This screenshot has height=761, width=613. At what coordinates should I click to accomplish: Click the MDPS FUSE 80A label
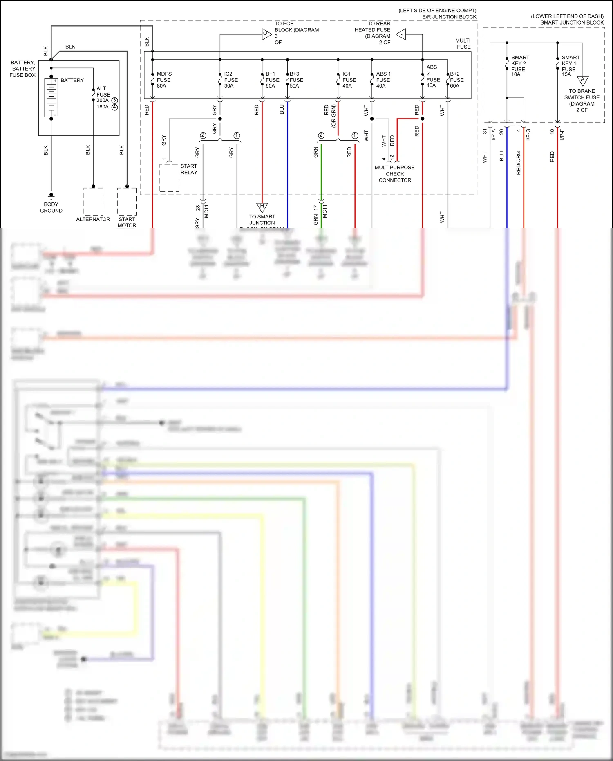(x=163, y=80)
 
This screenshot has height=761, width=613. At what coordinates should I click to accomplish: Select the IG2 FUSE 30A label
(x=230, y=80)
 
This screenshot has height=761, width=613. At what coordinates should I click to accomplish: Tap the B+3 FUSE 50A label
(x=296, y=80)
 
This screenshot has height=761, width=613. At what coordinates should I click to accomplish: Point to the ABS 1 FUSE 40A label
(x=383, y=80)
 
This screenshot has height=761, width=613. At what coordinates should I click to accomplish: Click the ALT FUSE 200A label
(x=103, y=94)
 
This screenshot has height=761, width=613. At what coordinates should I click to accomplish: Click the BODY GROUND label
(x=51, y=207)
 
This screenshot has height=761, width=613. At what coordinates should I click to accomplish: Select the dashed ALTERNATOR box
(x=93, y=201)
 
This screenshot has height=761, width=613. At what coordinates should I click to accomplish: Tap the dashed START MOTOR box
(x=127, y=201)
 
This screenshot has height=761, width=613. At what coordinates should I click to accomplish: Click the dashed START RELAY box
(x=169, y=177)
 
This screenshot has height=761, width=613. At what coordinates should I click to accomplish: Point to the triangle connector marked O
(x=266, y=34)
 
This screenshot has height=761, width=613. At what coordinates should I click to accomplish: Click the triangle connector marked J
(x=402, y=34)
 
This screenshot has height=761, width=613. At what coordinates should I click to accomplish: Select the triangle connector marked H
(x=262, y=207)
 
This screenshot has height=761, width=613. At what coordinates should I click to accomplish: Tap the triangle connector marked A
(x=583, y=81)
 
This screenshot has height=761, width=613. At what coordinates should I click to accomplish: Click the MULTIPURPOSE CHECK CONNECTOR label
(x=394, y=174)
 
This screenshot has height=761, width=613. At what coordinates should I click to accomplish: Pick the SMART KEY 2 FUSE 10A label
(x=519, y=66)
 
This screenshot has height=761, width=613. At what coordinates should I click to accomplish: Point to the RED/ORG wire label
(x=519, y=163)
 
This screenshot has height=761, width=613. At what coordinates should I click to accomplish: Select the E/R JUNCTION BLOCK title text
(x=449, y=17)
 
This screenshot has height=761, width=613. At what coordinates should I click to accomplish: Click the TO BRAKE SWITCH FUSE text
(x=582, y=97)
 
